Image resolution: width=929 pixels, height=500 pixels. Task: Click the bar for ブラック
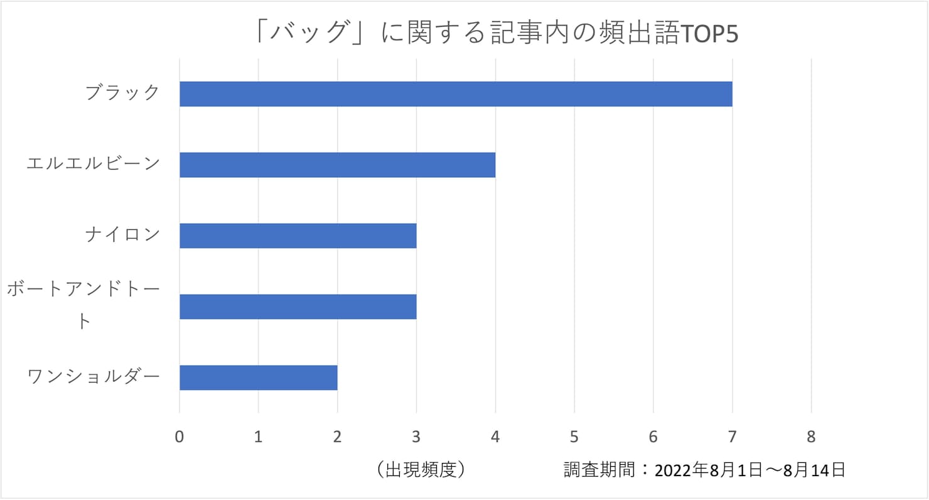pyautogui.click(x=456, y=94)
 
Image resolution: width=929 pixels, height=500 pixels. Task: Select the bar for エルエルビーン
pyautogui.click(x=337, y=165)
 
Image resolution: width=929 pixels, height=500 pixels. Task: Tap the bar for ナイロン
pyautogui.click(x=298, y=236)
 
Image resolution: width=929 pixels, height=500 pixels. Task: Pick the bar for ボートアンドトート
pyautogui.click(x=298, y=307)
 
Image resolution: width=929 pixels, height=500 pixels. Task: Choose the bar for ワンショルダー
pyautogui.click(x=258, y=378)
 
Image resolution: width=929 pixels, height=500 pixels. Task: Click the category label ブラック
pyautogui.click(x=123, y=93)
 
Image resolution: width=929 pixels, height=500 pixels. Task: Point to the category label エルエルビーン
pyautogui.click(x=94, y=165)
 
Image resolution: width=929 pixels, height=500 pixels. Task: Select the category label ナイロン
pyautogui.click(x=123, y=236)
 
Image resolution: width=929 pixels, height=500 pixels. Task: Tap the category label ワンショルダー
pyautogui.click(x=94, y=378)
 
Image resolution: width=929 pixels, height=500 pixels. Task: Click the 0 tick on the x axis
pyautogui.click(x=180, y=436)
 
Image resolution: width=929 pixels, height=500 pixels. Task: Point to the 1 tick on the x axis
pyautogui.click(x=258, y=436)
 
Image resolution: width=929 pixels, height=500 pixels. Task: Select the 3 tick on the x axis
pyautogui.click(x=416, y=436)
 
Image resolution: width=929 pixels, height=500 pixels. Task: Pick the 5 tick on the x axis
pyautogui.click(x=574, y=436)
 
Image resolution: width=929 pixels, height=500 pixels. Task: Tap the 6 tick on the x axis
pyautogui.click(x=653, y=436)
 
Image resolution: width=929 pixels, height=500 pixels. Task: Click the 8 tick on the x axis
pyautogui.click(x=811, y=436)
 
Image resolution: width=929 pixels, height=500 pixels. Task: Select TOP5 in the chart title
pyautogui.click(x=710, y=34)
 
